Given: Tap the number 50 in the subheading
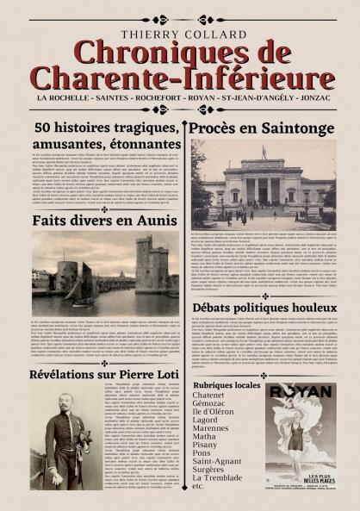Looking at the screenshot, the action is (44, 128).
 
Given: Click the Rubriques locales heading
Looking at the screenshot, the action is (227, 385).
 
